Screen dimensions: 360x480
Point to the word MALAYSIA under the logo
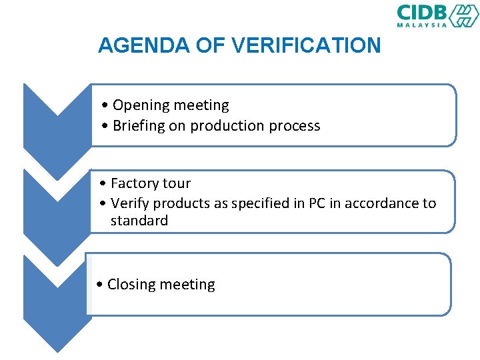pos(422,25)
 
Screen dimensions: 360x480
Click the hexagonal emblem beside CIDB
pos(463,15)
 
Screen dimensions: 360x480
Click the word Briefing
pos(138,125)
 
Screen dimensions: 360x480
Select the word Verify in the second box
pos(131,203)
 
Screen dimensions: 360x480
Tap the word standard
pos(139,221)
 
